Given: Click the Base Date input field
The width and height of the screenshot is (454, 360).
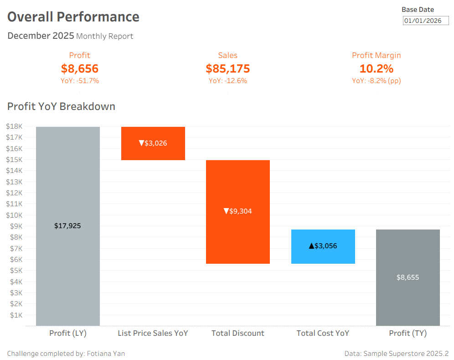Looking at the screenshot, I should click(426, 21).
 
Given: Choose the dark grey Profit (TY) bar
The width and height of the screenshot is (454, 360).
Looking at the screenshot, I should click(408, 301).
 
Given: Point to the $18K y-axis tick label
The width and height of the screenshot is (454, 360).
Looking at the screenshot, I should click(14, 126).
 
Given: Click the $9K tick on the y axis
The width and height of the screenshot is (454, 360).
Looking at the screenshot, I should click(15, 226).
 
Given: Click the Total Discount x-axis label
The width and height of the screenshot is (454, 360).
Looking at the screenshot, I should click(238, 333).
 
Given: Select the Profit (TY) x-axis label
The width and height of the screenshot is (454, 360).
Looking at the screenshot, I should click(408, 333).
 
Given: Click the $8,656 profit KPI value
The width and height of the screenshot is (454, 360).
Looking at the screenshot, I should click(80, 69).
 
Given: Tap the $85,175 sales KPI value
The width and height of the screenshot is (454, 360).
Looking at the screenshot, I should click(228, 69).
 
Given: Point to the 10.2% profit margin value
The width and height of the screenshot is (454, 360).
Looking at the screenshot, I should click(376, 69).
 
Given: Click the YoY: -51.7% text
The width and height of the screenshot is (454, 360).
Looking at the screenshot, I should click(80, 81).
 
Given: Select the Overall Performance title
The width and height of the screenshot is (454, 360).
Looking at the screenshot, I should click(73, 17).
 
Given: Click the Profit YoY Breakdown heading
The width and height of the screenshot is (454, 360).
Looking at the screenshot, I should click(61, 106).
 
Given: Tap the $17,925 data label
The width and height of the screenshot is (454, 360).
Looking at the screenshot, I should click(67, 226).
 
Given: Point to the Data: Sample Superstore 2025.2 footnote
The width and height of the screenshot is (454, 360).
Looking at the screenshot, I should click(397, 354).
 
